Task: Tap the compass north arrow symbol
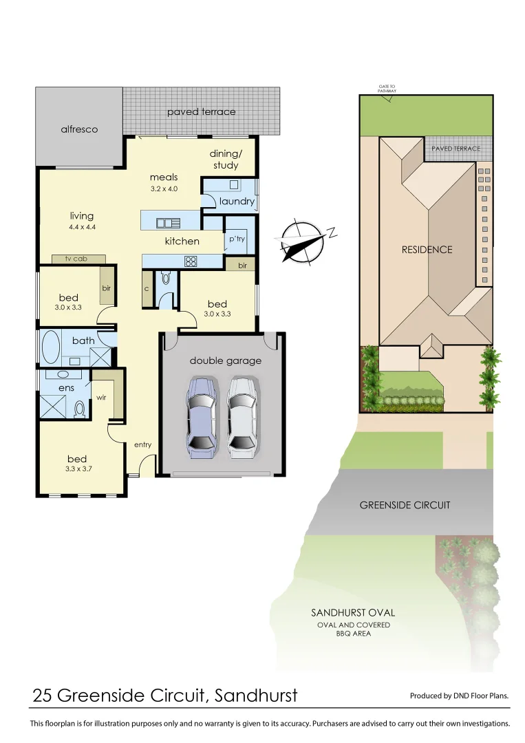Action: point(303,241)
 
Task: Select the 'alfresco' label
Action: point(79,129)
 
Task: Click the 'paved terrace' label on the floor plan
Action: point(201,111)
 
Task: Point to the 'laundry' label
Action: point(237,202)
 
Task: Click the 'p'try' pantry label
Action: point(237,238)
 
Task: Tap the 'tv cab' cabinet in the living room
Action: point(78,259)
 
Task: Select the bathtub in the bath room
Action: point(51,348)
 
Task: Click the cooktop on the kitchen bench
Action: point(191,261)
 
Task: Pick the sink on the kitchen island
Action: point(168,223)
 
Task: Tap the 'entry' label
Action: point(142,444)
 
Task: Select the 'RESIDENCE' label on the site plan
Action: point(427,250)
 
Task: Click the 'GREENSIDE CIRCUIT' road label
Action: point(405,505)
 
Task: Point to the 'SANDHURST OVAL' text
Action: point(353,612)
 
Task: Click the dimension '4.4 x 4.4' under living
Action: point(81,227)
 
